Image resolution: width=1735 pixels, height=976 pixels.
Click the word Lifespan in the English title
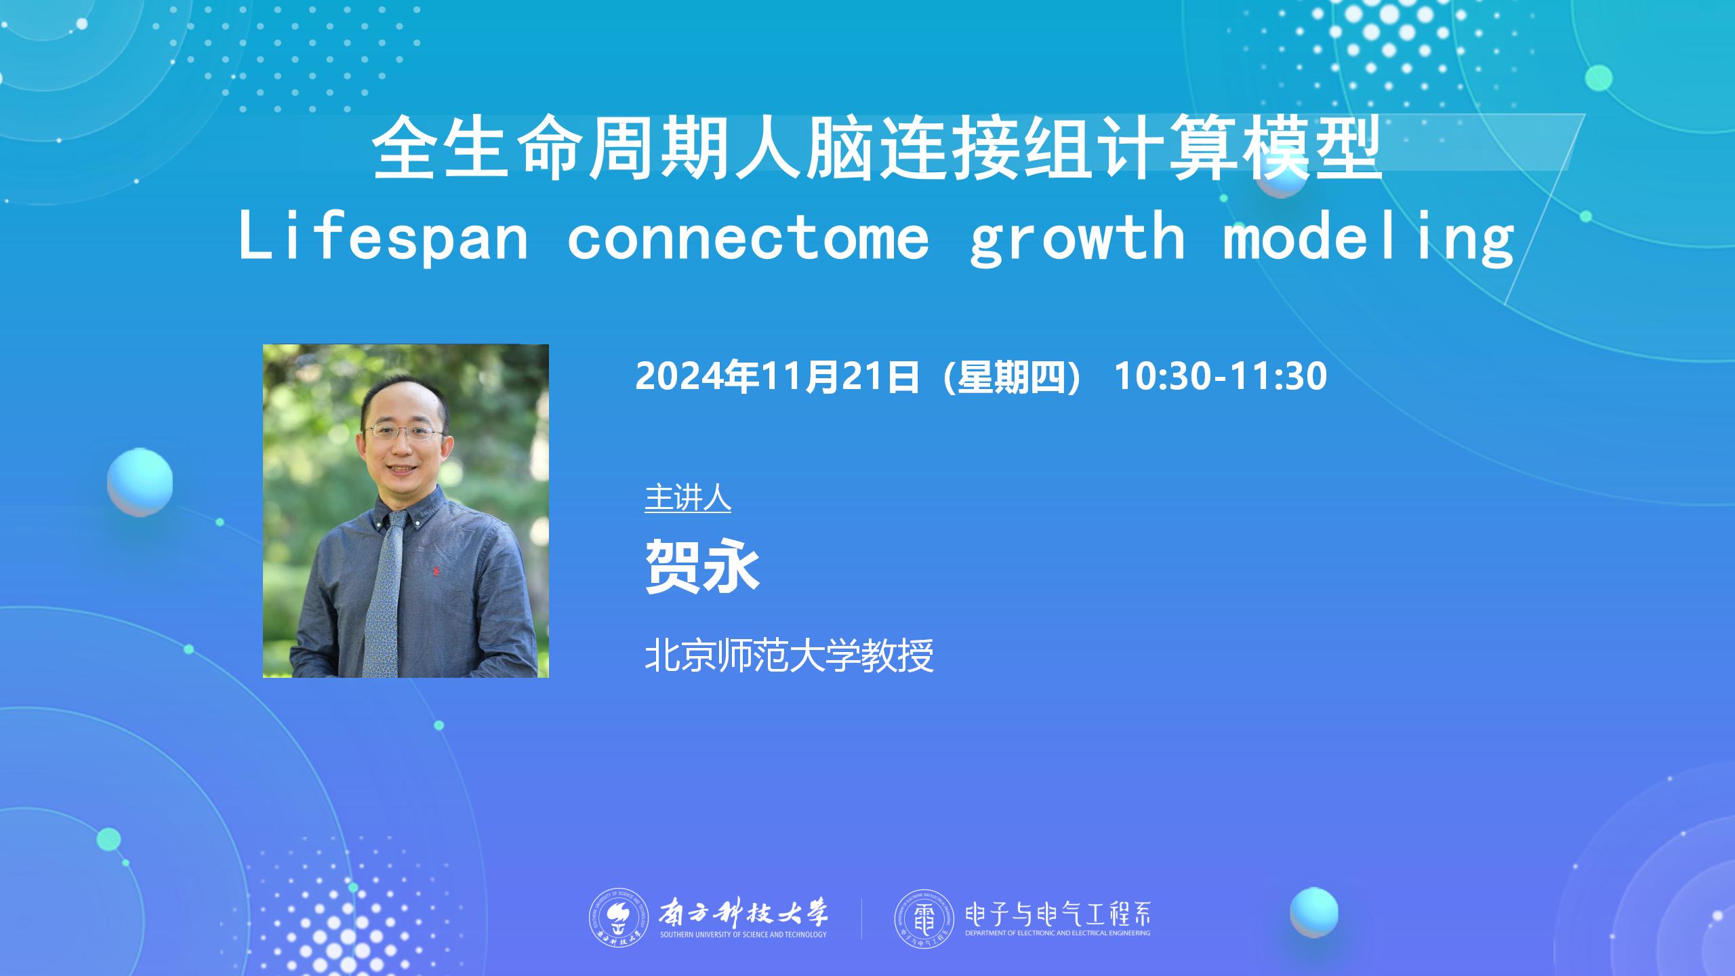(x=384, y=237)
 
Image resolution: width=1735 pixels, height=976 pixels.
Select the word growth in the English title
(x=1078, y=237)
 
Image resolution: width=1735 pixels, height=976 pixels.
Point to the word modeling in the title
(x=1368, y=237)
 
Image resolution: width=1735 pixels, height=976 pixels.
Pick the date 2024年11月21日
(x=777, y=376)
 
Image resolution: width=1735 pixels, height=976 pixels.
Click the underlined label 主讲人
(x=688, y=498)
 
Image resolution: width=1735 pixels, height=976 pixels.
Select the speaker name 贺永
(x=701, y=567)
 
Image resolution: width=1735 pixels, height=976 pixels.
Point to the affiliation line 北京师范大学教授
(x=790, y=655)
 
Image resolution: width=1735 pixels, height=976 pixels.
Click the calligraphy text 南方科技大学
(x=743, y=914)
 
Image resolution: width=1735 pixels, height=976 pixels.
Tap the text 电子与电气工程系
(x=1057, y=915)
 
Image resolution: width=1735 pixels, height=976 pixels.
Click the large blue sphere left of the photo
(x=140, y=482)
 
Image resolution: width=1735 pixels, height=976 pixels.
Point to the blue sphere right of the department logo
(x=1314, y=912)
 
